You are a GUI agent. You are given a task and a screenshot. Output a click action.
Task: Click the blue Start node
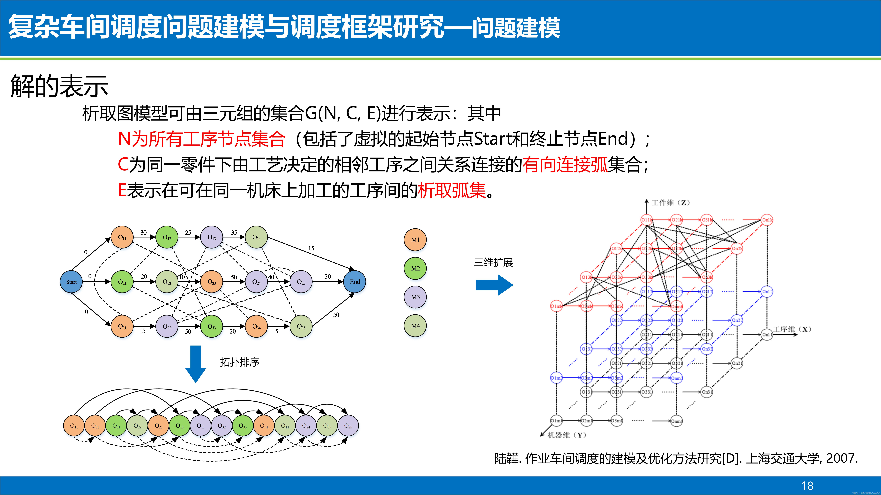pyautogui.click(x=71, y=282)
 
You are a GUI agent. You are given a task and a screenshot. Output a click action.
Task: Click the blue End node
pyautogui.click(x=355, y=282)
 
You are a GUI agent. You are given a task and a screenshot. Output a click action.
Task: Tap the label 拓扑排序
pyautogui.click(x=239, y=362)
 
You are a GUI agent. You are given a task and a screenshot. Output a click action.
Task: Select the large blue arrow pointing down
pyautogui.click(x=196, y=364)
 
